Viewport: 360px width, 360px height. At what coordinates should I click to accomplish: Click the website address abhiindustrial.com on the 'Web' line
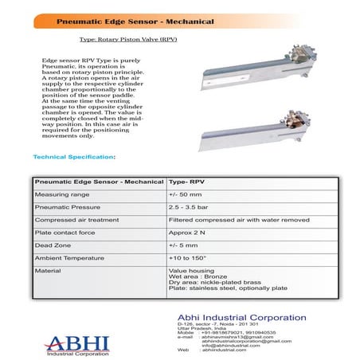tap(225, 350)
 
